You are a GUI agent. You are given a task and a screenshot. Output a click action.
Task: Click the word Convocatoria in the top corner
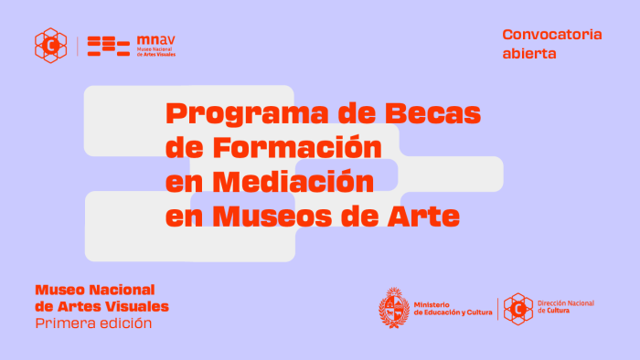(551, 35)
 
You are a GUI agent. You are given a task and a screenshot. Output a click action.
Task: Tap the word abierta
(528, 53)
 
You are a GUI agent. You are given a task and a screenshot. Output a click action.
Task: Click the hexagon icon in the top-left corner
(50, 44)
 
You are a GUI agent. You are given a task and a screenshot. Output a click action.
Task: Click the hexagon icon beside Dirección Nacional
(518, 309)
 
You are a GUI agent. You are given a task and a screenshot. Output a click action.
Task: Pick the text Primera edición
(93, 323)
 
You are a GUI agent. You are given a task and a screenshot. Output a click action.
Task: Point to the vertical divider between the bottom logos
(497, 309)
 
